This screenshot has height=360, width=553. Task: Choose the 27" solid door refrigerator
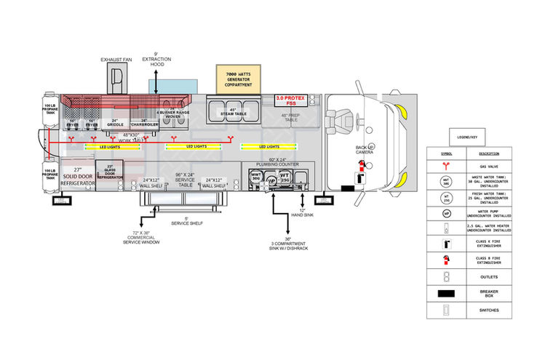coord(78,177)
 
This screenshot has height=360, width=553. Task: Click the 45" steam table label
coord(229,112)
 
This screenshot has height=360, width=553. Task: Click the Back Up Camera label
coord(365,151)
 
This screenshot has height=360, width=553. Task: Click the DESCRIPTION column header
coord(489,153)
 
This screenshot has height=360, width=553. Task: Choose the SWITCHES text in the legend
coord(489,311)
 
